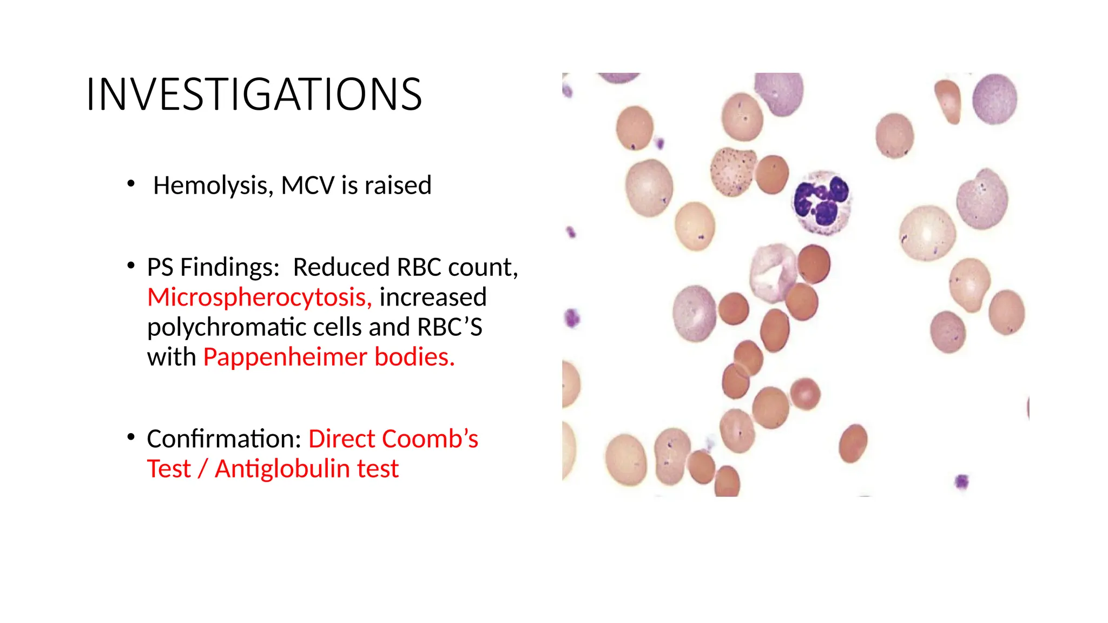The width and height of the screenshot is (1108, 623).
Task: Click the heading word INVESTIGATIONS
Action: (253, 95)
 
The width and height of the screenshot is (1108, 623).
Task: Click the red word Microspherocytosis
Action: (259, 297)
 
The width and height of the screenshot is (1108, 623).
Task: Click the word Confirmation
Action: (223, 439)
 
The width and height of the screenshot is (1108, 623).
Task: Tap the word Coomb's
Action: (431, 439)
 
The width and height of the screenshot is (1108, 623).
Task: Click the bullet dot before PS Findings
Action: (131, 266)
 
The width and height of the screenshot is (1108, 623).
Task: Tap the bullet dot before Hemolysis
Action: (131, 184)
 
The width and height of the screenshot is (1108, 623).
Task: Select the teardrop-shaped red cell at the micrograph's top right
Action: (948, 101)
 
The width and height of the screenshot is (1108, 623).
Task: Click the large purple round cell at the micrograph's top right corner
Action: (994, 99)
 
